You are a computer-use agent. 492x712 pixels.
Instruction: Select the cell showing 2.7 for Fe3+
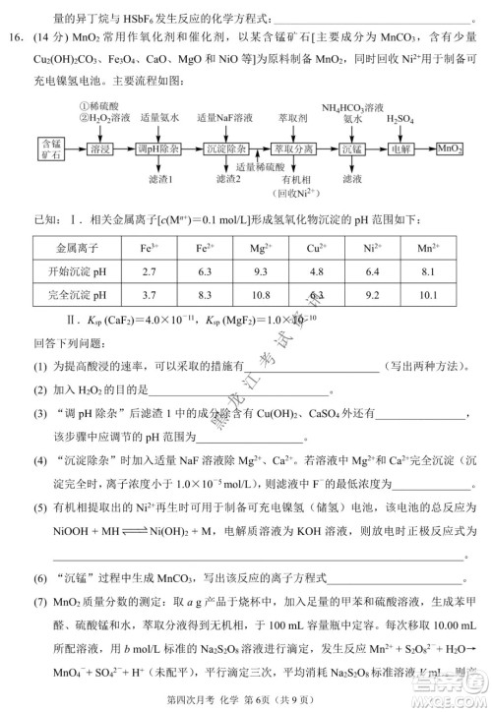click(150, 270)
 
